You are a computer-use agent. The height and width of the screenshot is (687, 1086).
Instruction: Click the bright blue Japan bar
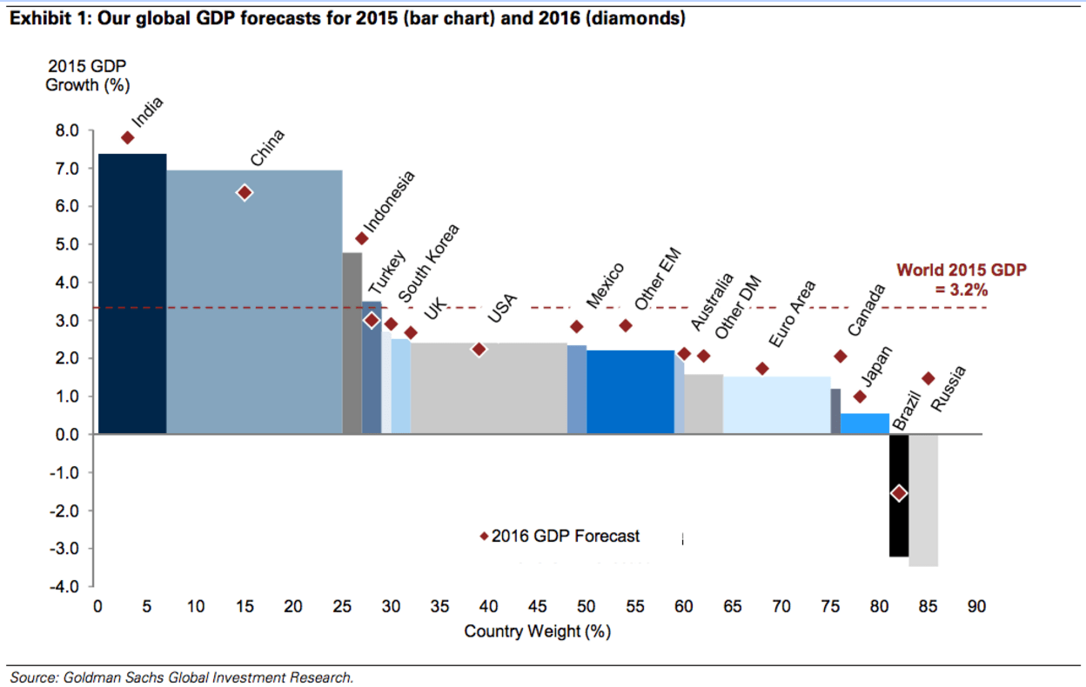point(864,424)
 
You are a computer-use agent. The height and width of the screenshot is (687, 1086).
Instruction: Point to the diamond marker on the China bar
point(245,192)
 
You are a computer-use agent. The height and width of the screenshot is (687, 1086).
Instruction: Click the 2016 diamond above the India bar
point(127,137)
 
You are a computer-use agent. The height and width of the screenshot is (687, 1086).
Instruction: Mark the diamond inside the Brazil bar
point(899,493)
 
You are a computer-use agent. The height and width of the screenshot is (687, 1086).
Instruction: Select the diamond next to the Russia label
point(928,378)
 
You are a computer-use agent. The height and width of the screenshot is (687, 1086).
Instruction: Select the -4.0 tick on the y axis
point(67,587)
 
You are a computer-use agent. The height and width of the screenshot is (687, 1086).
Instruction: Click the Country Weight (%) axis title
point(537,631)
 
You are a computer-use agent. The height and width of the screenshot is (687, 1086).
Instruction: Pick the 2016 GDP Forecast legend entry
point(560,537)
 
